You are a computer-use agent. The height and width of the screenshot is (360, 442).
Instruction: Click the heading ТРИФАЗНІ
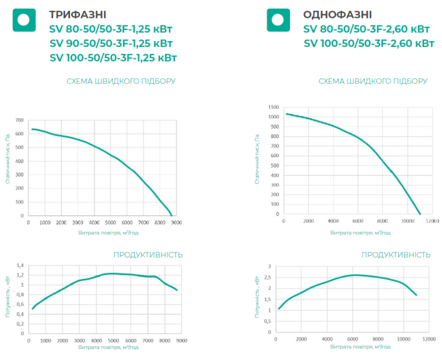[78, 15]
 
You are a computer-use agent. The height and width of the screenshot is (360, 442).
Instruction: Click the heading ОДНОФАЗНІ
[337, 15]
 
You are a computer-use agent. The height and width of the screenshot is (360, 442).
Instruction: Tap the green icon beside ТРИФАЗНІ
[23, 20]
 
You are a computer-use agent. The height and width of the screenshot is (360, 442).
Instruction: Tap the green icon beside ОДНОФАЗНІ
[278, 20]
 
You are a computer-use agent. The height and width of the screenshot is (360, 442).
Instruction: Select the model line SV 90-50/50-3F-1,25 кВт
[111, 43]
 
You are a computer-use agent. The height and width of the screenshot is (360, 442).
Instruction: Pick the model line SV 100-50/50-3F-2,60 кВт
[369, 43]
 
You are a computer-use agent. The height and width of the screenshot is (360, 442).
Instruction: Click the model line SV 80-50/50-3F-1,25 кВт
[111, 29]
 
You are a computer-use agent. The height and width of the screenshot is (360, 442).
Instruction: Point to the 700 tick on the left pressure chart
[20, 121]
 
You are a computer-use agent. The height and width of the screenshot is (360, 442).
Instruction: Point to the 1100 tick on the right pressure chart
[274, 107]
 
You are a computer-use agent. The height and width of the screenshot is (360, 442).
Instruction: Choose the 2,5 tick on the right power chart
[268, 278]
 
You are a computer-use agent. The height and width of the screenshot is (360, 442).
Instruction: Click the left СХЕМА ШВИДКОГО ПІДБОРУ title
[121, 81]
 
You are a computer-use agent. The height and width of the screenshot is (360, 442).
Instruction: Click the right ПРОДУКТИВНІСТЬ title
[396, 255]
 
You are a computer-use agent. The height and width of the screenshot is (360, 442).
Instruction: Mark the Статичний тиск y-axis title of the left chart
[8, 159]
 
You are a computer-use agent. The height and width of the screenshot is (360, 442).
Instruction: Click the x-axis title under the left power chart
[108, 347]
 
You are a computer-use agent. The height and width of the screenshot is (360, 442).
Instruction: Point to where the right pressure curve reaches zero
[420, 214]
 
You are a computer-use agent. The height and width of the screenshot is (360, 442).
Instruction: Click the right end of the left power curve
[176, 290]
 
